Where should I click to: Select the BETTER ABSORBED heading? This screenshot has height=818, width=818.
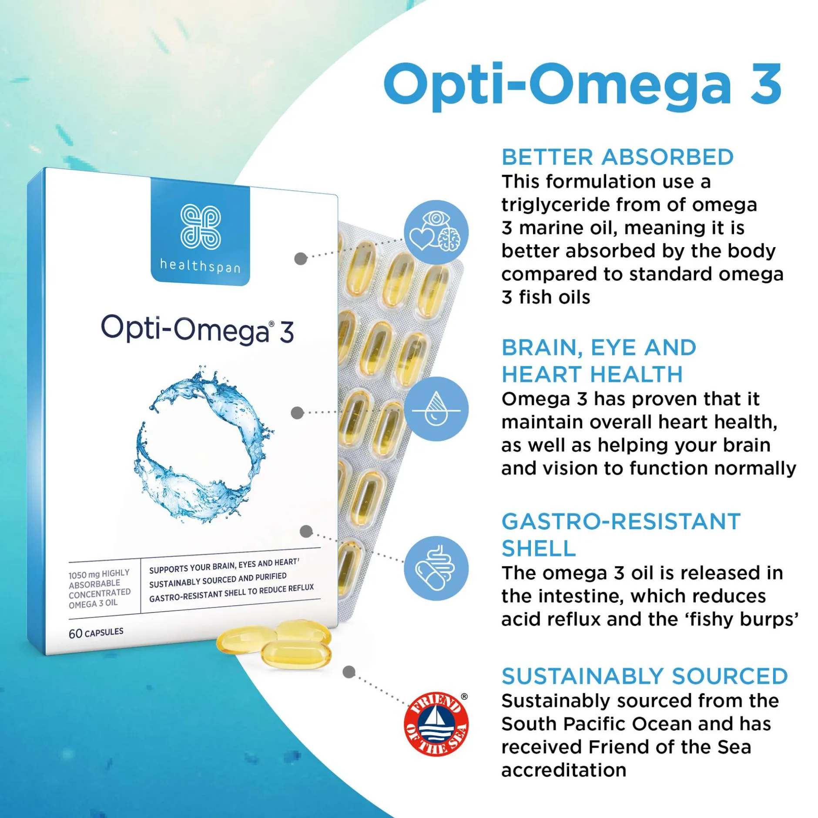click(x=617, y=157)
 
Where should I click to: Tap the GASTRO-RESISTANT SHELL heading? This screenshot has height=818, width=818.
click(x=621, y=534)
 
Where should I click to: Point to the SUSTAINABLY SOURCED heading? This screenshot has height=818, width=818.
click(x=645, y=676)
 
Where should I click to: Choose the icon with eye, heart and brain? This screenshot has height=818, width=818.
click(x=436, y=232)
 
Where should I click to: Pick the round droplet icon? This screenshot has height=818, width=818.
click(x=436, y=409)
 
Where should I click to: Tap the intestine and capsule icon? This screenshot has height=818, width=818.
click(x=436, y=568)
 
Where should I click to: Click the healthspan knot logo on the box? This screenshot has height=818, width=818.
click(x=201, y=227)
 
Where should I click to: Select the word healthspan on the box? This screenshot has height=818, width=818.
click(x=200, y=265)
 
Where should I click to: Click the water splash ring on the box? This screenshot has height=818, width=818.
click(x=203, y=444)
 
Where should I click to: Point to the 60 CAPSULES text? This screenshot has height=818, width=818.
click(x=96, y=633)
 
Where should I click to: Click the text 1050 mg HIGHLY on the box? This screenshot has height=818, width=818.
click(x=99, y=574)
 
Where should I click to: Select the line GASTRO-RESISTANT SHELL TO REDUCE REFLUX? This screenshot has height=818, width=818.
click(x=231, y=593)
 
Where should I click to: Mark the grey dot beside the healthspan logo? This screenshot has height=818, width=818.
click(x=301, y=258)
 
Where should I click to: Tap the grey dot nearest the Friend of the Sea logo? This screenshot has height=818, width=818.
click(x=349, y=672)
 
